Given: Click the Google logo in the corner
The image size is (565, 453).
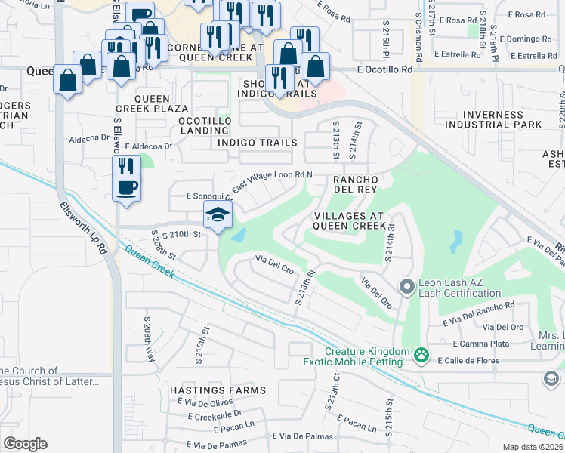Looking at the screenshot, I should (x=24, y=444).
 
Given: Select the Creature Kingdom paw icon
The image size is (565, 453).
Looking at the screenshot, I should (x=421, y=353).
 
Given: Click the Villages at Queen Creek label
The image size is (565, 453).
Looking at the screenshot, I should (x=349, y=220).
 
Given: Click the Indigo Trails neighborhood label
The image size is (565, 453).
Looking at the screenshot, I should (x=256, y=142).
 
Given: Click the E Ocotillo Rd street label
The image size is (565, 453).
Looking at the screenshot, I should (x=385, y=69).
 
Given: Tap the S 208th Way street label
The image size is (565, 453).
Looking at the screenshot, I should (x=148, y=340).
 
